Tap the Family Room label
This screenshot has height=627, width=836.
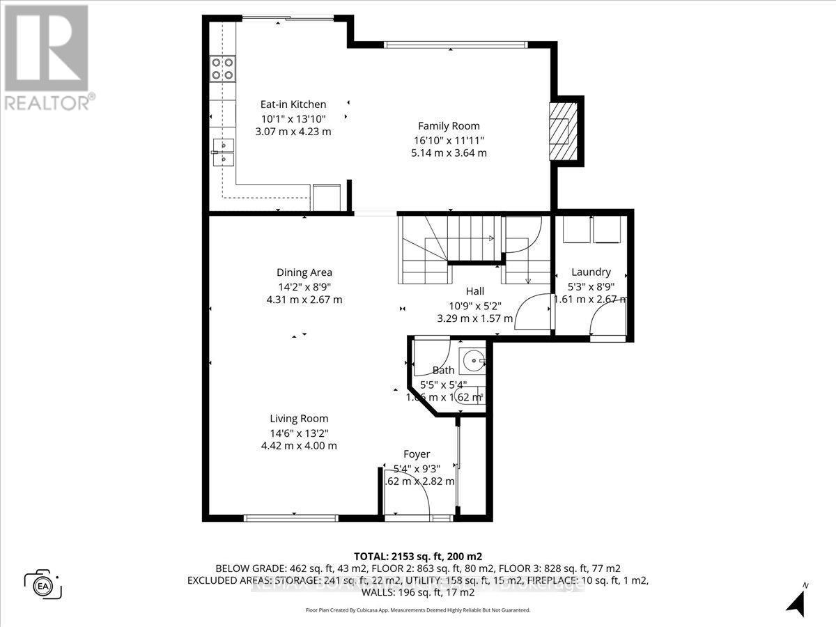coord(449,126)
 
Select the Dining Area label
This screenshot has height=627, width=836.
coord(304,272)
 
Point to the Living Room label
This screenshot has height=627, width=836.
coord(299,419)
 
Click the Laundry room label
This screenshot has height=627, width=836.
coord(591,272)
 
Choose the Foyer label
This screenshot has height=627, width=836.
coord(417,454)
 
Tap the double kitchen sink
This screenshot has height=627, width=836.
coord(224,152)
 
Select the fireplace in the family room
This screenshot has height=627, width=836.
coord(562,130)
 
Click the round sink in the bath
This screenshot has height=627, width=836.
coord(475,361)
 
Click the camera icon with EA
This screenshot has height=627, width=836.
coord(42,584)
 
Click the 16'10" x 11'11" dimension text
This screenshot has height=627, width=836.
coord(449,140)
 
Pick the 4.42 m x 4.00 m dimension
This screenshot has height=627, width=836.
coord(299,446)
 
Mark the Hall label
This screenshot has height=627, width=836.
coord(474,291)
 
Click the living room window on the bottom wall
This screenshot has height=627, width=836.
coord(291,518)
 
